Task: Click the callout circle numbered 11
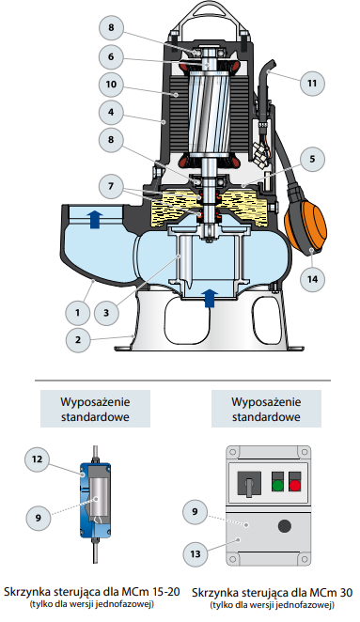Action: tap(312, 83)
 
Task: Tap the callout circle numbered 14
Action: tap(312, 279)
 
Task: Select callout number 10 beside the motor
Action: tap(111, 85)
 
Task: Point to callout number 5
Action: tap(312, 159)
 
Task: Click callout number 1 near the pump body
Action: tap(78, 313)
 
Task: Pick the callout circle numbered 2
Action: tap(78, 340)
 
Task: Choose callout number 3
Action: tap(106, 313)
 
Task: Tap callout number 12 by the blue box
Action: tap(37, 459)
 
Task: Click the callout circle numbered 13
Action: tap(196, 553)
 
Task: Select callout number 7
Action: tap(111, 186)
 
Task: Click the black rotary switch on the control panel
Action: tap(249, 484)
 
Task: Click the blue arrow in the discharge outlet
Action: tap(94, 220)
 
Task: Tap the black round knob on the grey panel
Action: tap(285, 526)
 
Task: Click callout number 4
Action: tap(111, 112)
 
